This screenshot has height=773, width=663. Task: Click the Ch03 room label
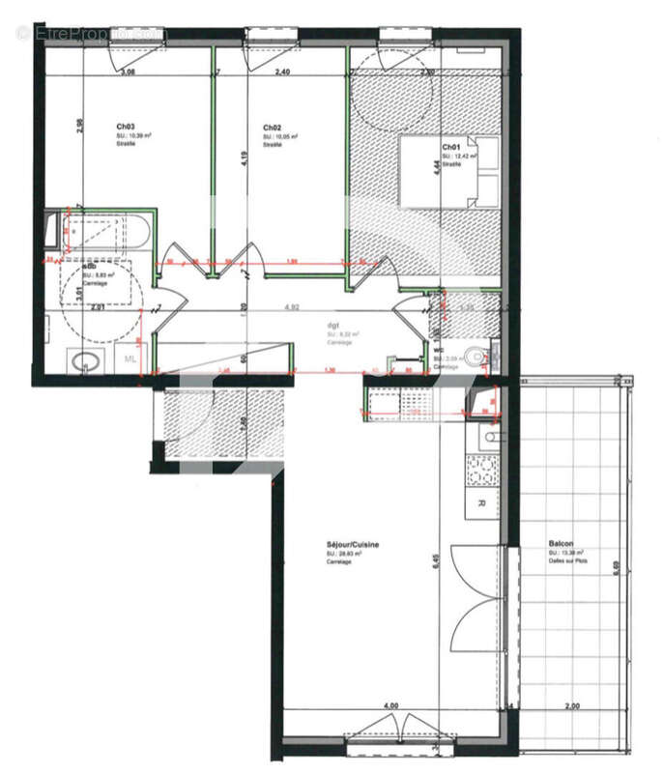click(x=126, y=127)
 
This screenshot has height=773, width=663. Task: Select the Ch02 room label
click(x=272, y=128)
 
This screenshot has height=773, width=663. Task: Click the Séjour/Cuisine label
click(x=352, y=545)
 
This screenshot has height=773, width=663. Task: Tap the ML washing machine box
click(x=129, y=359)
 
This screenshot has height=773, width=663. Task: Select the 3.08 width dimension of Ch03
click(x=126, y=72)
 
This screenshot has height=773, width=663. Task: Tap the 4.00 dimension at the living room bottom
click(x=390, y=707)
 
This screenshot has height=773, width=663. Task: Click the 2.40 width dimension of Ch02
click(x=282, y=72)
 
